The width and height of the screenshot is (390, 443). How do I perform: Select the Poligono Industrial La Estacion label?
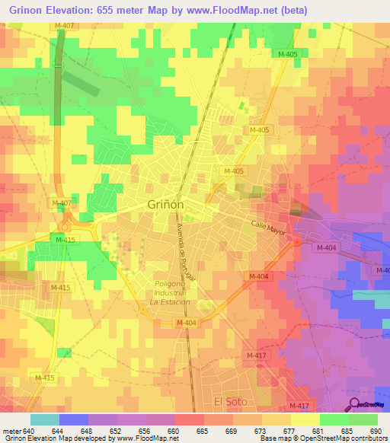pos(169,292)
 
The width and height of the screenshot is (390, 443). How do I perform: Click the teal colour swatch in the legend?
pos(45,419)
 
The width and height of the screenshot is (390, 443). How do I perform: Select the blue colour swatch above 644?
pos(74,419)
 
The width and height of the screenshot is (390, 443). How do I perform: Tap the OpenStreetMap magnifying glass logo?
pos(354,404)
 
